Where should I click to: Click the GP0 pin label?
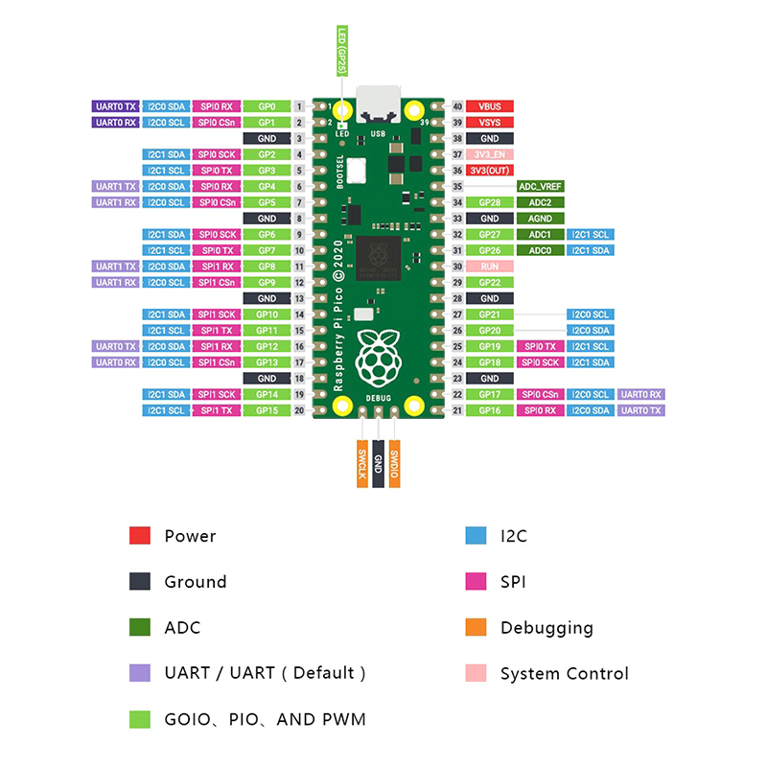click(x=267, y=106)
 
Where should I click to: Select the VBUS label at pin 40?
click(x=490, y=106)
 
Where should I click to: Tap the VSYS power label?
click(x=490, y=123)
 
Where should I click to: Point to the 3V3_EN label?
click(x=490, y=154)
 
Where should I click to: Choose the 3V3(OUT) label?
click(x=490, y=171)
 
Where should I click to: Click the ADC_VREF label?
click(x=540, y=186)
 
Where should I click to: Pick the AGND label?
click(x=540, y=219)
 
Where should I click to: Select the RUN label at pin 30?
click(x=490, y=267)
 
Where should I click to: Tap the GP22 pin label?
click(x=490, y=282)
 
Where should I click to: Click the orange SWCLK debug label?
click(x=362, y=465)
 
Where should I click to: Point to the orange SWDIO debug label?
click(x=395, y=465)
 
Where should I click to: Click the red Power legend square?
click(x=140, y=536)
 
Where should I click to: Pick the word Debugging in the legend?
click(x=546, y=628)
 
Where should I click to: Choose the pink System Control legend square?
click(x=476, y=673)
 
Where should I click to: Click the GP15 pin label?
click(x=267, y=410)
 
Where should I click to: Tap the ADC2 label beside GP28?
click(x=540, y=202)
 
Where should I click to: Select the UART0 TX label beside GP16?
click(x=641, y=410)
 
